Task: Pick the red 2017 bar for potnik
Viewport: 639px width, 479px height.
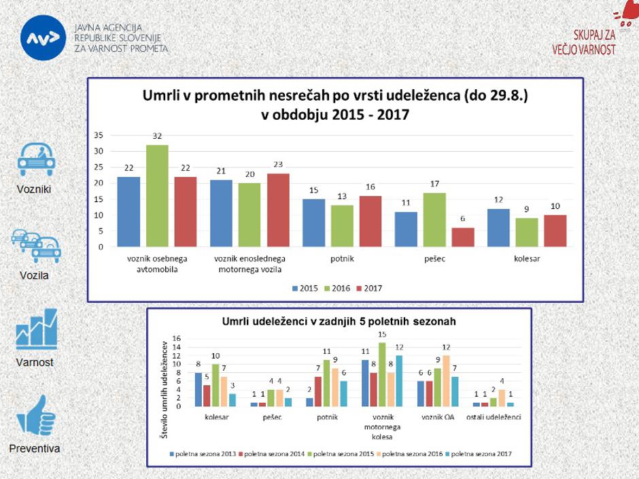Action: pyautogui.click(x=370, y=221)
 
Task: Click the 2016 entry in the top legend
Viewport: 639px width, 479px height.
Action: pyautogui.click(x=336, y=288)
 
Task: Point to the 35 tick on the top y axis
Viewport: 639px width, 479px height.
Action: pyautogui.click(x=99, y=135)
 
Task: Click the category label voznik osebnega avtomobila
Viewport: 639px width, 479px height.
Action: pyautogui.click(x=157, y=263)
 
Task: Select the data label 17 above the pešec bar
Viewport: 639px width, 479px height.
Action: pyautogui.click(x=434, y=184)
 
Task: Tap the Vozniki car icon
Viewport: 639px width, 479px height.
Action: pyautogui.click(x=35, y=159)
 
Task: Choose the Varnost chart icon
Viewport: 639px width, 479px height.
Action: pyautogui.click(x=35, y=329)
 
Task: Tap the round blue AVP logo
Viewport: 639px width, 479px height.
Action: pyautogui.click(x=44, y=38)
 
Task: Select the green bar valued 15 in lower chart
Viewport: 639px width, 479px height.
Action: pyautogui.click(x=382, y=374)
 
